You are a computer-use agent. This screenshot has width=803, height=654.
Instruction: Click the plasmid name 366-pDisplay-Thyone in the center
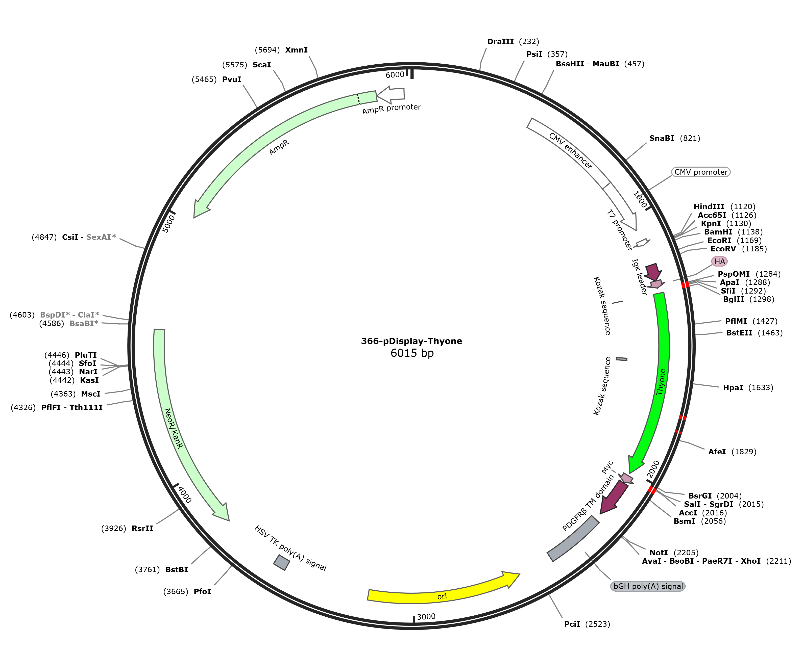(411, 341)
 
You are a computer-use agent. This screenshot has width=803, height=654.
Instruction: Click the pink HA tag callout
(719, 261)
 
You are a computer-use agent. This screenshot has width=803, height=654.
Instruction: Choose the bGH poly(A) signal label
(648, 586)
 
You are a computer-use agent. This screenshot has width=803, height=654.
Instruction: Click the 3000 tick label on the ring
(426, 616)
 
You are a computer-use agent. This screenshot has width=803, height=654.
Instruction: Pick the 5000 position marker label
(168, 224)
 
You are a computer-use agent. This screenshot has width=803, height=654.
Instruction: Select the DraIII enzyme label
(500, 41)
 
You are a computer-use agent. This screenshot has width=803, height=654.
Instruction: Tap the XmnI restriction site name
(296, 50)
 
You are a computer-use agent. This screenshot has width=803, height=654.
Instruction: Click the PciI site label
(572, 624)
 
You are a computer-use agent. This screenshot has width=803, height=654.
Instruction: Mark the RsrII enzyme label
(142, 528)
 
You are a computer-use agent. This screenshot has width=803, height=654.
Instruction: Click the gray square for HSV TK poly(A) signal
(282, 562)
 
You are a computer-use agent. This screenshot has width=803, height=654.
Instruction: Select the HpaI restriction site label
(733, 387)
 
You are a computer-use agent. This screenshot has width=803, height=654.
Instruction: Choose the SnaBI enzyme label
(662, 138)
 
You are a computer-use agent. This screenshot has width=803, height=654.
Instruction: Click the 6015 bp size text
(412, 353)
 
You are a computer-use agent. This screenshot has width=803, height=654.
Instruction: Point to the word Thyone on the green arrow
(661, 382)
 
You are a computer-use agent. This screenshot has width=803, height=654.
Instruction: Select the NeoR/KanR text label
(174, 428)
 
